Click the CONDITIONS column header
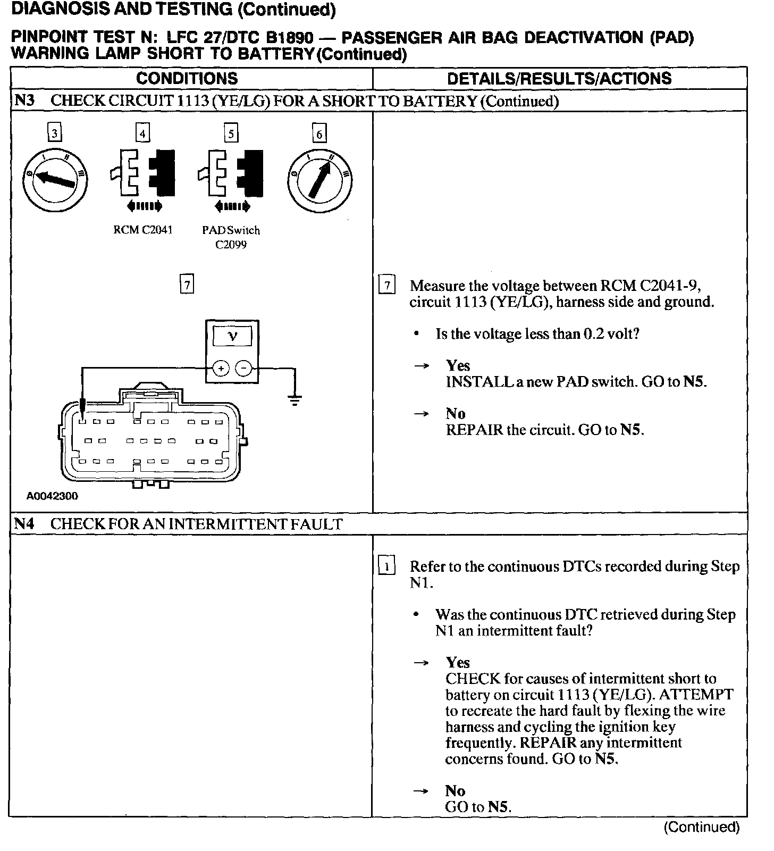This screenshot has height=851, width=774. pos(187,79)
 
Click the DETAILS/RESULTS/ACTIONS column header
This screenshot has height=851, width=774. pos(559,79)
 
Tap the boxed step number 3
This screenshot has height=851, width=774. pos(54,132)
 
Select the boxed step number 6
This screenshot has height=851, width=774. pos(319,133)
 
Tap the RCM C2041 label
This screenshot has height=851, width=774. pos(142,230)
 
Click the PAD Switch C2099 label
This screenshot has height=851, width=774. pos(231,237)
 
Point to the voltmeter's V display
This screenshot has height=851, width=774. pos(232,336)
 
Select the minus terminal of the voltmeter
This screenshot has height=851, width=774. pos(243,368)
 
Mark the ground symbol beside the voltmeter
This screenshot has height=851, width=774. pos(295,399)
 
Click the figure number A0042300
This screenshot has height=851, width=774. pos(52,496)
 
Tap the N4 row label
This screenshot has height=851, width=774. pos(23,524)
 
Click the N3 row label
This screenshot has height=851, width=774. pos(23,101)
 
